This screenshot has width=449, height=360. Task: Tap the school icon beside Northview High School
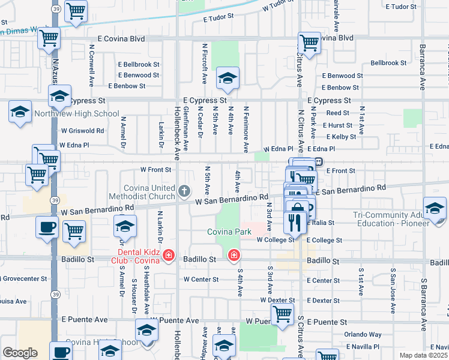[20, 112]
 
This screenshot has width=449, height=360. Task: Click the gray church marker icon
[184, 192]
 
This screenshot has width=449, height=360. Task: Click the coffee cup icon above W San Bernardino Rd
[47, 227]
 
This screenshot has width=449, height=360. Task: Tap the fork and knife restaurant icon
[294, 224]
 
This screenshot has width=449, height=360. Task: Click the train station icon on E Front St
[319, 162]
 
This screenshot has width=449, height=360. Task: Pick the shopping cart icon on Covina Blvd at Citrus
[309, 43]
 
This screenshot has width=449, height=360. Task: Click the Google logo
[20, 353]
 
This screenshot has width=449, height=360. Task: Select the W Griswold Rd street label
[82, 130]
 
